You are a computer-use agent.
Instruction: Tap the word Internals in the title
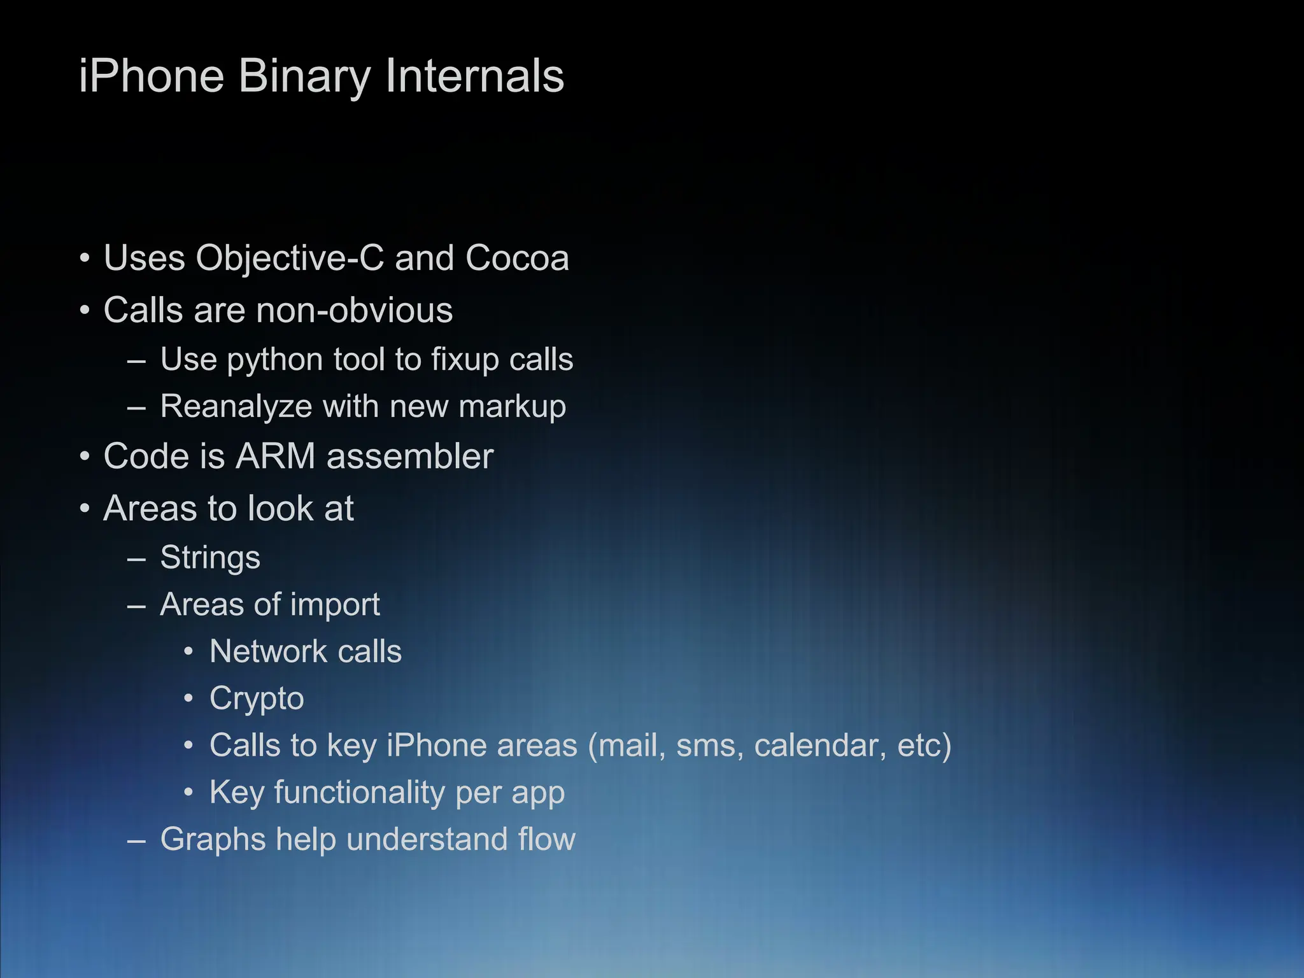pyautogui.click(x=474, y=76)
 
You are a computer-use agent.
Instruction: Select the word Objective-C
pyautogui.click(x=290, y=259)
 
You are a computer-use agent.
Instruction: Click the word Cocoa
pyautogui.click(x=517, y=259)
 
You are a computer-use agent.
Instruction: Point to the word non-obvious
pyautogui.click(x=354, y=311)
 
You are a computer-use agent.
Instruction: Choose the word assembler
pyautogui.click(x=410, y=457)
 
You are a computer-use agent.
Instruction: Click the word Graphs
pyautogui.click(x=213, y=840)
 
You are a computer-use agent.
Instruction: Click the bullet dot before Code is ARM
pyautogui.click(x=85, y=457)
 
